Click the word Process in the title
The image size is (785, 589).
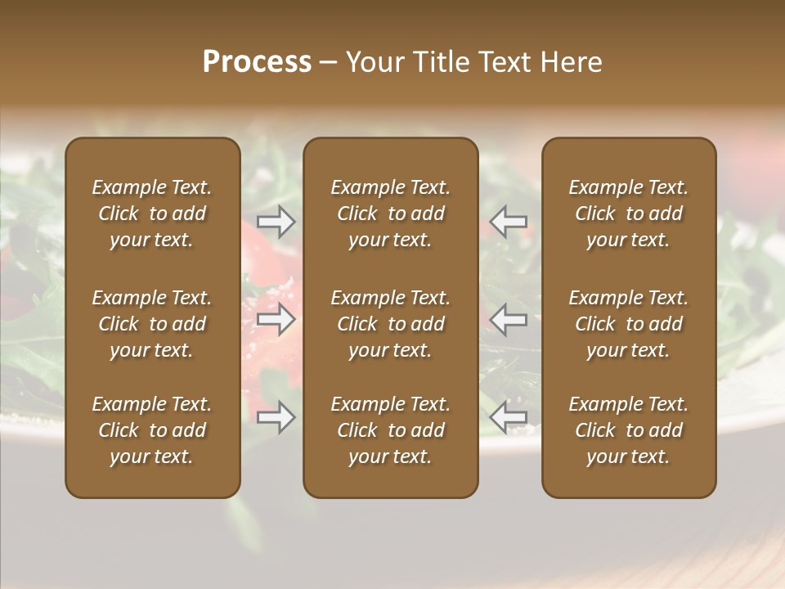(257, 62)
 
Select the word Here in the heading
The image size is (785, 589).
(572, 62)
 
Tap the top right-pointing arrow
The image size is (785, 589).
(276, 222)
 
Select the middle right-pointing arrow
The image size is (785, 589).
(276, 320)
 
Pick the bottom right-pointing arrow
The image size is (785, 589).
(276, 417)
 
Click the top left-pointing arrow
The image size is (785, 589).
(509, 222)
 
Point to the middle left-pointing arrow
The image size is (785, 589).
(509, 320)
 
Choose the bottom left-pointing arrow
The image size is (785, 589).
(509, 417)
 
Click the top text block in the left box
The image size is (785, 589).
(152, 214)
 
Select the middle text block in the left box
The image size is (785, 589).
(152, 324)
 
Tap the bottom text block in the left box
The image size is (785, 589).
(152, 430)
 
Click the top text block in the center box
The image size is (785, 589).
(390, 214)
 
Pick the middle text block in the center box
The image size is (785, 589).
(390, 324)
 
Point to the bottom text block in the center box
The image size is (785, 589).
(390, 430)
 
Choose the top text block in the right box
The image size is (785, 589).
(628, 214)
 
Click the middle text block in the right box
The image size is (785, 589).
(628, 324)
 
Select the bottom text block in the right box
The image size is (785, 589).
(628, 430)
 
